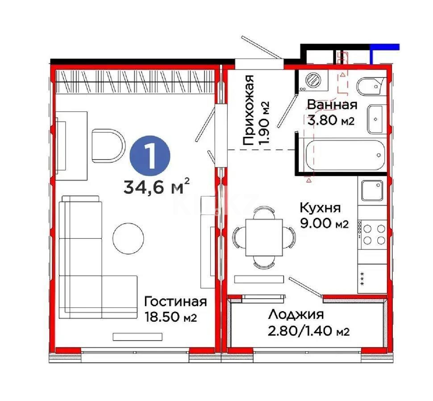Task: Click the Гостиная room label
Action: point(175,302)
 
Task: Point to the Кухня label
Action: point(320,208)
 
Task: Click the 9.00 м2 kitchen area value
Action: point(324,224)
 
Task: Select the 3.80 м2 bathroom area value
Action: point(331,121)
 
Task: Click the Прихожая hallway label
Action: point(250,110)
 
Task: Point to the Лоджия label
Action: point(296,315)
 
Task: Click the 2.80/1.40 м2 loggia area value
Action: point(308,331)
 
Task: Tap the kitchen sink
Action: point(372,190)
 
